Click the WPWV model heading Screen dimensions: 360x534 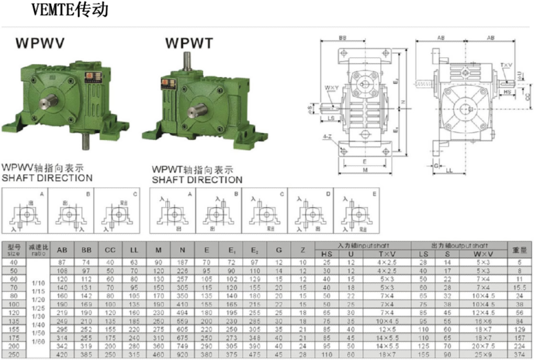pos(40,43)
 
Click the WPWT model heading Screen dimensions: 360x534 pos(189,43)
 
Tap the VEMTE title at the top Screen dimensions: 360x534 pos(70,9)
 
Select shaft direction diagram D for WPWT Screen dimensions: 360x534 pos(310,211)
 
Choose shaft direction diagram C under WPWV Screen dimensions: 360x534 pos(117,211)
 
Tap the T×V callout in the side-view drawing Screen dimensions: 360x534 pos(506,65)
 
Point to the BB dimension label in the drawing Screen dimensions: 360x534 pos(342,38)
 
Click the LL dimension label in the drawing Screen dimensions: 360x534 pos(449,171)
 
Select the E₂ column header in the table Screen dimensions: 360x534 pos(254,250)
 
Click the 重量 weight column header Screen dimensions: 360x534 pos(520,250)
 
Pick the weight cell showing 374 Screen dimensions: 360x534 pos(520,355)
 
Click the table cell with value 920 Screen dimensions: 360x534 pos(182,355)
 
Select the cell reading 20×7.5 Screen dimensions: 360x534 pos(483,346)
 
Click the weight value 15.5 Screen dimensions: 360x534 pos(520,287)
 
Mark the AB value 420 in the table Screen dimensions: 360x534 pos(62,355)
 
